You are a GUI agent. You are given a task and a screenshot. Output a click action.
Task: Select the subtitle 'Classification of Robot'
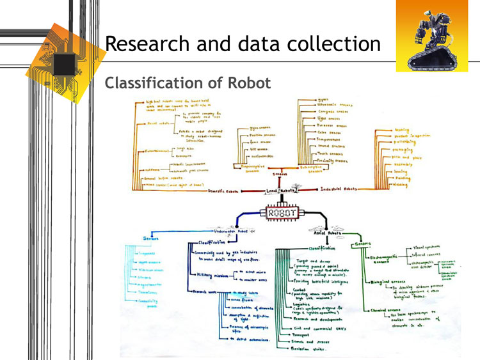pos(188,83)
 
